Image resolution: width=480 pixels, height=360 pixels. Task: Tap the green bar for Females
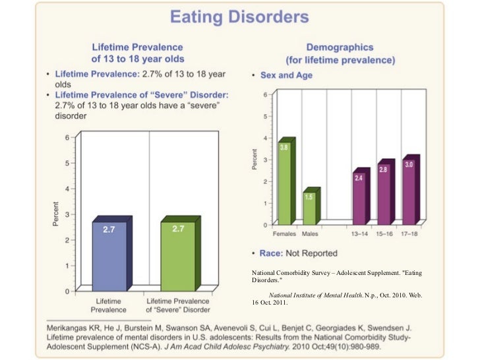pyautogui.click(x=285, y=185)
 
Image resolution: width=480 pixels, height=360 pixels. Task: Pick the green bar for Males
pyautogui.click(x=309, y=207)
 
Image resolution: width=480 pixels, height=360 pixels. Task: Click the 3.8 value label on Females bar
pyautogui.click(x=284, y=148)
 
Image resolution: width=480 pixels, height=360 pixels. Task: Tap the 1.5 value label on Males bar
pyautogui.click(x=309, y=196)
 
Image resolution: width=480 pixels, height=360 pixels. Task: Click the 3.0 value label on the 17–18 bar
pyautogui.click(x=409, y=165)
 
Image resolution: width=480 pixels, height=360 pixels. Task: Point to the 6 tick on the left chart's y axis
pyautogui.click(x=66, y=137)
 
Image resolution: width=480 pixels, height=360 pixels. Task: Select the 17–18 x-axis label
pyautogui.click(x=410, y=234)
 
